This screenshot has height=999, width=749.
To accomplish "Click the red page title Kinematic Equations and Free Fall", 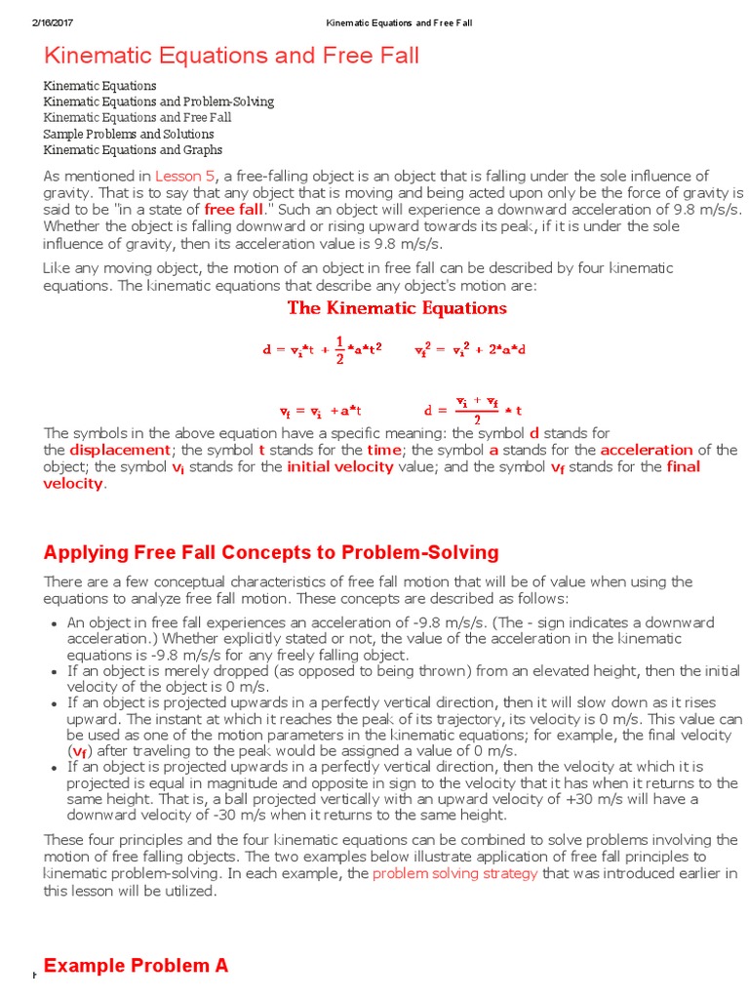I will pyautogui.click(x=231, y=57).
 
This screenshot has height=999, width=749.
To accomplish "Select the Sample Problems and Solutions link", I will pyautogui.click(x=129, y=134).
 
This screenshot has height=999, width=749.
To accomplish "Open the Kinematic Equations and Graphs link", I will pyautogui.click(x=133, y=150).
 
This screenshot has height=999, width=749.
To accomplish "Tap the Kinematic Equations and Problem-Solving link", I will pyautogui.click(x=158, y=101).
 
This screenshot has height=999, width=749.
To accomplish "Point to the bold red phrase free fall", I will pyautogui.click(x=234, y=209).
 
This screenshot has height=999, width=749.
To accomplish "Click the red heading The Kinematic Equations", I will pyautogui.click(x=397, y=308).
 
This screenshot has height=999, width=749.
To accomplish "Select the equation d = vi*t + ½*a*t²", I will pyautogui.click(x=322, y=349).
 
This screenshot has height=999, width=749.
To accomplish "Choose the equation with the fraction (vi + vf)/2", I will pyautogui.click(x=474, y=408).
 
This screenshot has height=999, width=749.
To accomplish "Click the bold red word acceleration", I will pyautogui.click(x=647, y=450).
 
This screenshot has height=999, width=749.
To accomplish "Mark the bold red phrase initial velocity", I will pyautogui.click(x=340, y=466).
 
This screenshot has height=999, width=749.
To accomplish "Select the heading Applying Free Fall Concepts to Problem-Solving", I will pyautogui.click(x=271, y=553).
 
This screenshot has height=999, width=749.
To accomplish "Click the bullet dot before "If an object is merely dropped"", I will pyautogui.click(x=52, y=672).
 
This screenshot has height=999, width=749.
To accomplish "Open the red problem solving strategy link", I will pyautogui.click(x=455, y=873).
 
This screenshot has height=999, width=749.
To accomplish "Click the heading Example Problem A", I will pyautogui.click(x=137, y=966).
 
